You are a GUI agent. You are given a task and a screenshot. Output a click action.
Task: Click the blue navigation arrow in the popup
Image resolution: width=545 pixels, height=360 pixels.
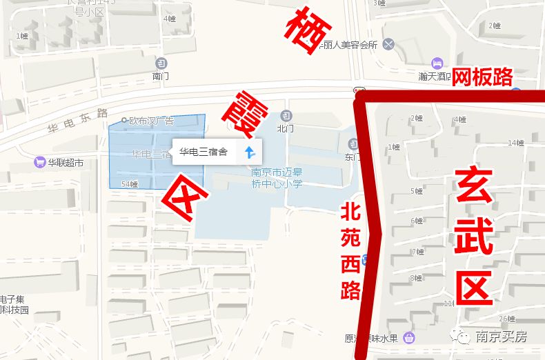pyautogui.click(x=250, y=152)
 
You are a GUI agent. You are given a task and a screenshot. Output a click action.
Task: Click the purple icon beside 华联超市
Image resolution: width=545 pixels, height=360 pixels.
pyautogui.click(x=39, y=163)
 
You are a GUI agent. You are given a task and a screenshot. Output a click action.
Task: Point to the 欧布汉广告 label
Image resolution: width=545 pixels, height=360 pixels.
pyautogui.click(x=150, y=121)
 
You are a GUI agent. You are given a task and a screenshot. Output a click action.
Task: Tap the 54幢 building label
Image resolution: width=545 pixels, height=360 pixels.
pyautogui.click(x=130, y=184)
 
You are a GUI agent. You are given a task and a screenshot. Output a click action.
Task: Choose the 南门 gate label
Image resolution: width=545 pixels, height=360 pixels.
pyautogui.click(x=160, y=76)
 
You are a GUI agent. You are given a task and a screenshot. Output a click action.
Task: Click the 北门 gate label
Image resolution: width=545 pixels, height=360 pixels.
pyautogui.click(x=285, y=128)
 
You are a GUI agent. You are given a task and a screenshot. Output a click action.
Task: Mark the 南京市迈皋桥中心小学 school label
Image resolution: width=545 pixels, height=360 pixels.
pyautogui.click(x=276, y=178)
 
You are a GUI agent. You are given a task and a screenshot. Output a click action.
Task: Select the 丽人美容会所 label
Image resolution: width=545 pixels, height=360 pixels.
pyautogui.click(x=351, y=45)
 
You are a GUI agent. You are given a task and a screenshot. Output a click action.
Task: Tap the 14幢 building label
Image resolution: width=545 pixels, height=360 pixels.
pyautogui.click(x=515, y=143)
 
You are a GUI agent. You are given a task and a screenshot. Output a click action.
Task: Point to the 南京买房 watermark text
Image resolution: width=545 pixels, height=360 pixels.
pyautogui.click(x=501, y=337)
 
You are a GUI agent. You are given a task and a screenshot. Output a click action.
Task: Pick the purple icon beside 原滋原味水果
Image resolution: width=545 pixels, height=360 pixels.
pyautogui.click(x=409, y=338)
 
